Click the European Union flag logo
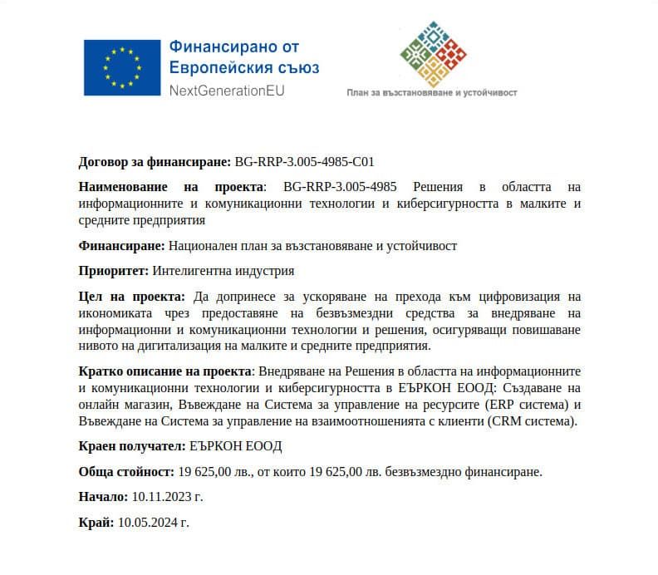[121, 67]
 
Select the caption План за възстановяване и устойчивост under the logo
[431, 93]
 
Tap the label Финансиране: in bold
[121, 246]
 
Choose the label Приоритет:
[113, 271]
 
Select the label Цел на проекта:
[131, 297]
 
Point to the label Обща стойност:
[125, 472]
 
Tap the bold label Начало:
[103, 497]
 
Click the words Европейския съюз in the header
[243, 68]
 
